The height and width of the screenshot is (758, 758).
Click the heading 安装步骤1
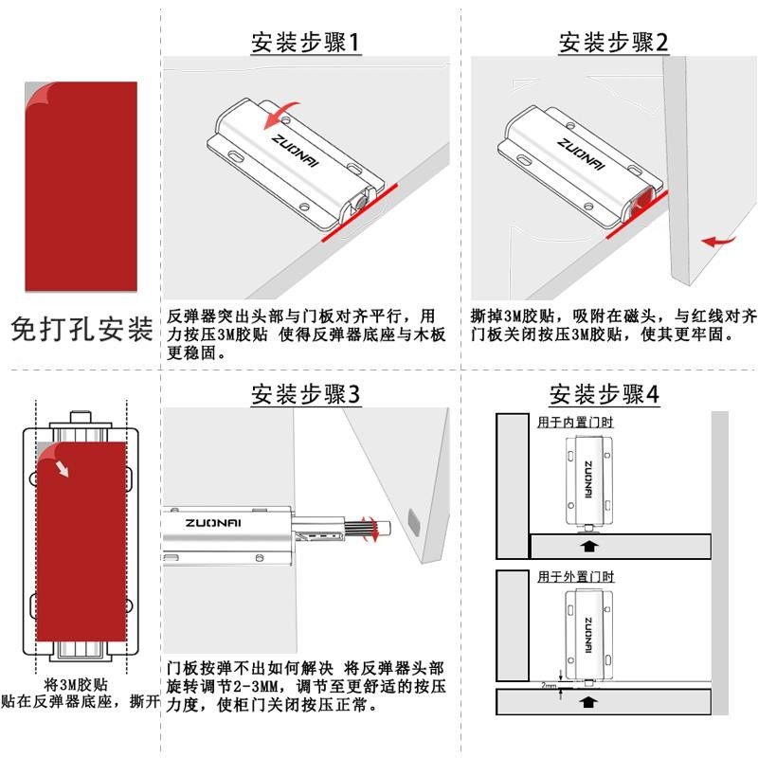pyautogui.click(x=306, y=43)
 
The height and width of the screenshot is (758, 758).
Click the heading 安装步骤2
pyautogui.click(x=613, y=43)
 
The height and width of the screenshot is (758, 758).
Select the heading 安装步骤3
pyautogui.click(x=306, y=394)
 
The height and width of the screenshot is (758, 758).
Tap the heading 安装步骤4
pyautogui.click(x=604, y=394)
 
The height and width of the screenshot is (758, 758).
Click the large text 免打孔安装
pyautogui.click(x=81, y=329)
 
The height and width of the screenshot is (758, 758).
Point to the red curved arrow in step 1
pyautogui.click(x=284, y=115)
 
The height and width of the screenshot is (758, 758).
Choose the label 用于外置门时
pyautogui.click(x=575, y=576)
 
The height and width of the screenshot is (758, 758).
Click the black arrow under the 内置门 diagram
pyautogui.click(x=588, y=546)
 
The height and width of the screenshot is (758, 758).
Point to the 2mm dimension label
pyautogui.click(x=549, y=684)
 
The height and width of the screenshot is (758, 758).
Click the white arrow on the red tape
pyautogui.click(x=62, y=467)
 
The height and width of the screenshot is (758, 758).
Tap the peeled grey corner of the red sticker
pyautogui.click(x=36, y=95)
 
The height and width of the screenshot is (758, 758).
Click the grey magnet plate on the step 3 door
pyautogui.click(x=412, y=519)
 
